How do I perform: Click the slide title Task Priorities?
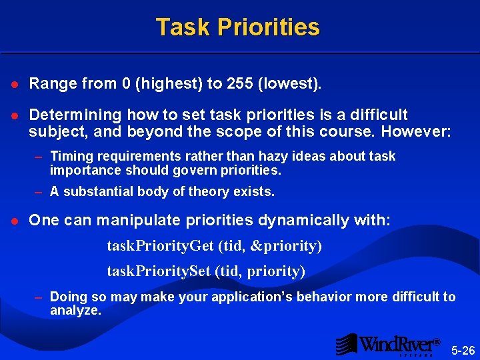click(238, 27)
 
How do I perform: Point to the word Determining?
click(75, 115)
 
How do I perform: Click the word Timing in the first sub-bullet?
click(69, 156)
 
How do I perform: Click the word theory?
click(207, 192)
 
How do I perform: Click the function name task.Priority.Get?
click(160, 246)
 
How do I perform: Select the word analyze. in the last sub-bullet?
click(75, 310)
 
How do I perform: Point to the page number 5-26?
click(463, 350)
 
